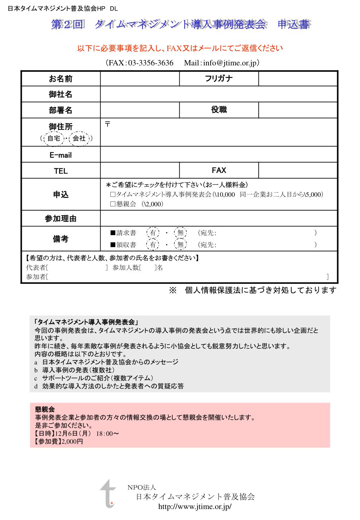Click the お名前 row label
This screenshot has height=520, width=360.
60,79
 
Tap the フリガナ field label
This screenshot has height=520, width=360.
219,78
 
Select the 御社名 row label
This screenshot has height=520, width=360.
60,94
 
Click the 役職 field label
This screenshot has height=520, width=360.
219,110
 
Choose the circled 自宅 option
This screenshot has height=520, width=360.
54,139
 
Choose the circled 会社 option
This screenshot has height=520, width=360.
79,139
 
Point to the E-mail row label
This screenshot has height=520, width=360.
60,155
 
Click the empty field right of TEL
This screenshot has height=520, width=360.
140,171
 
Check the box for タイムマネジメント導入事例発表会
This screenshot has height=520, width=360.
113,194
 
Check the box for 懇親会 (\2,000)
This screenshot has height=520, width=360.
113,204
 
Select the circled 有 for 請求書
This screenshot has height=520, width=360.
153,233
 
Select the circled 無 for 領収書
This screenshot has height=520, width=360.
180,245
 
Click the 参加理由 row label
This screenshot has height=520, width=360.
60,219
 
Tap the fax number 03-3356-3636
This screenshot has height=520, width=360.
151,63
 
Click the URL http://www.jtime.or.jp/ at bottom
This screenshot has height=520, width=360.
195,506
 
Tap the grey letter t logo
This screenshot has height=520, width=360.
108,493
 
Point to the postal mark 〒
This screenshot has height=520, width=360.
108,124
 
